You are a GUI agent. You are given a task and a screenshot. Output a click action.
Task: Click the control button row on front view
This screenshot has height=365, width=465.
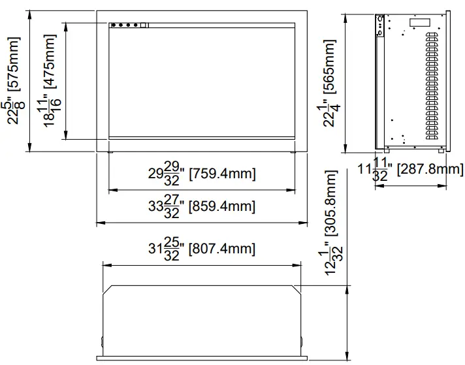(127, 25)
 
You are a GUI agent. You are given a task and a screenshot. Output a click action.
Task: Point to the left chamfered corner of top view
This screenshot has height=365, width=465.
(109, 289)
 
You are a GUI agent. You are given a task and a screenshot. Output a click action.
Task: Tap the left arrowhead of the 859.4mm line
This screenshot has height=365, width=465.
(99, 223)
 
